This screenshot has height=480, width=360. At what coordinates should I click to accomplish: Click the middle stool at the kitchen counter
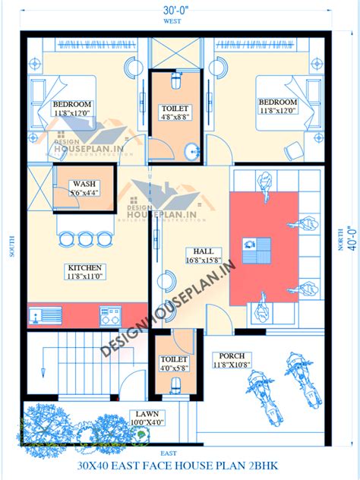(x=85, y=239)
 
